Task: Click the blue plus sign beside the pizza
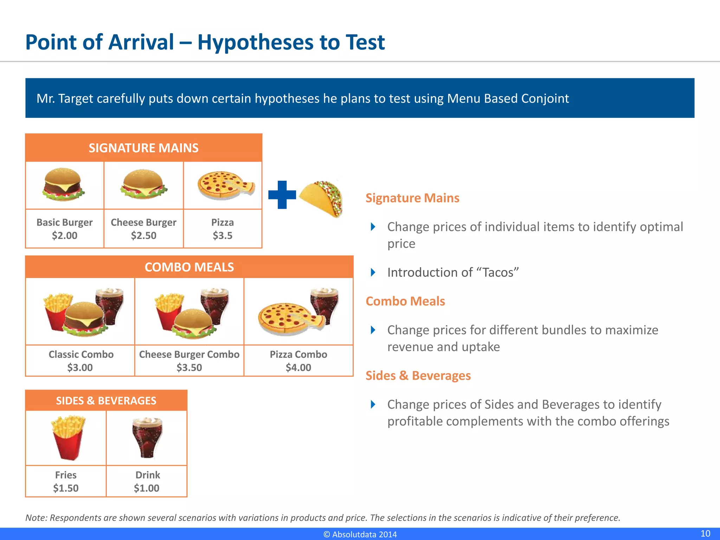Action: pyautogui.click(x=282, y=195)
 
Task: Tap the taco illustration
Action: pyautogui.click(x=322, y=199)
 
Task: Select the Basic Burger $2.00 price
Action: pyautogui.click(x=65, y=236)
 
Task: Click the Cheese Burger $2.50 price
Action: pyautogui.click(x=143, y=236)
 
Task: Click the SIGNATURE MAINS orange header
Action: pyautogui.click(x=143, y=148)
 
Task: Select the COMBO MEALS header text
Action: pyautogui.click(x=189, y=267)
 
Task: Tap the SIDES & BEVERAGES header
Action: pyautogui.click(x=106, y=401)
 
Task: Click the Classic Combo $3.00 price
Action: pyautogui.click(x=80, y=367)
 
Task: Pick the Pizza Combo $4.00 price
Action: pyautogui.click(x=298, y=367)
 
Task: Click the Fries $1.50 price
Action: pyautogui.click(x=66, y=488)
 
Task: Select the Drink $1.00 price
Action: pyautogui.click(x=147, y=488)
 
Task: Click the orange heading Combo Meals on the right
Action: pyautogui.click(x=405, y=301)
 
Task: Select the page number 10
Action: pyautogui.click(x=705, y=533)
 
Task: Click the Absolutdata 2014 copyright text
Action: pyautogui.click(x=360, y=534)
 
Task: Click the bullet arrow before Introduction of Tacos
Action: pyautogui.click(x=373, y=272)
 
